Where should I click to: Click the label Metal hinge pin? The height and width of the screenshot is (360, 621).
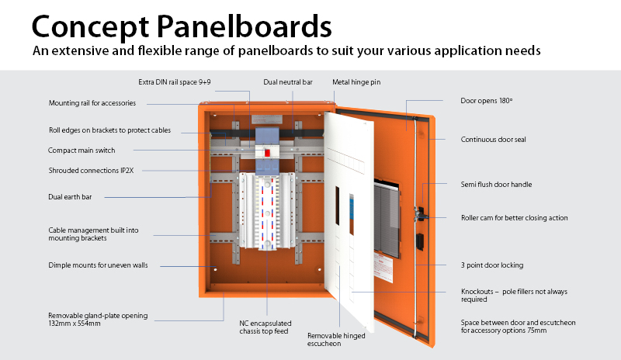tap(356, 81)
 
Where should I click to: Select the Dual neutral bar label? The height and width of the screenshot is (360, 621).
tap(287, 81)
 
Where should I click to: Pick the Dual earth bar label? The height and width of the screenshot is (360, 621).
tap(70, 197)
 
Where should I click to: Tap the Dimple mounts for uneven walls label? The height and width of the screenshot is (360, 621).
tap(98, 265)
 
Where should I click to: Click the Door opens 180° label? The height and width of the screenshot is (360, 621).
tap(487, 101)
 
